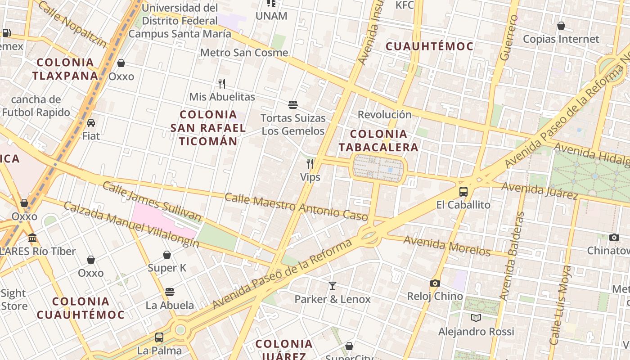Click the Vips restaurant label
click(310, 177)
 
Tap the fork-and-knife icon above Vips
click(310, 163)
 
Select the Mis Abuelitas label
click(222, 97)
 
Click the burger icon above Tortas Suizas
click(293, 105)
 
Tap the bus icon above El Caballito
click(463, 192)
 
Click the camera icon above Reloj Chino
click(435, 283)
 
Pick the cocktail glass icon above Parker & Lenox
click(333, 285)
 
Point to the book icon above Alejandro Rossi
click(476, 318)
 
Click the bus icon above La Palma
click(159, 337)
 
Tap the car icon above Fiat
click(91, 122)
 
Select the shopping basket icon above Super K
click(167, 255)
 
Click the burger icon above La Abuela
click(170, 292)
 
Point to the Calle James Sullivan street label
click(152, 202)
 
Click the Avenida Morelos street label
click(446, 246)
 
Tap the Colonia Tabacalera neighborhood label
click(378, 140)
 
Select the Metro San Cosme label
click(244, 53)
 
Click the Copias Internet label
click(561, 39)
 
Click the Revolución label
click(385, 114)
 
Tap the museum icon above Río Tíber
click(32, 238)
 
